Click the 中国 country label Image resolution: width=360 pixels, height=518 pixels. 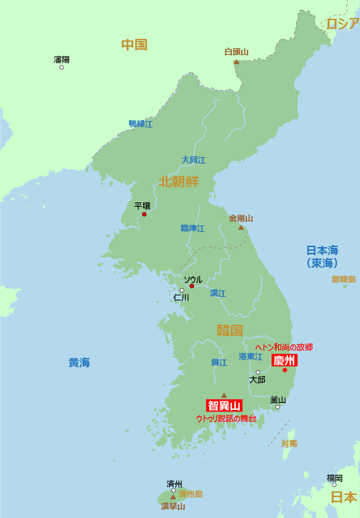134,45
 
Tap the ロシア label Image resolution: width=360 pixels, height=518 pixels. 342,24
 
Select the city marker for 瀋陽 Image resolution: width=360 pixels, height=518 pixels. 61,68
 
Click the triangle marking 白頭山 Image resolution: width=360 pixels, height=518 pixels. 236,62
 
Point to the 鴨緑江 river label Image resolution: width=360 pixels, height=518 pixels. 140,124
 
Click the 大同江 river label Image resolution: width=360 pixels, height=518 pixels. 193,160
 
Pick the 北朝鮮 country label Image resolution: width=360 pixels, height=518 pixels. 179,181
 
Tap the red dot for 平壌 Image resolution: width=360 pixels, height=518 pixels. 144,214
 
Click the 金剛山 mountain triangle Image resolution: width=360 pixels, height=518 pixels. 241,227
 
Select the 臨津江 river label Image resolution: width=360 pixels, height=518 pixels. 192,228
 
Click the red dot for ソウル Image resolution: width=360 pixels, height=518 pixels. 192,286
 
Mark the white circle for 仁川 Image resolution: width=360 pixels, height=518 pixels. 182,290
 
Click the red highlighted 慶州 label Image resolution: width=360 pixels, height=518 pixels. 284,360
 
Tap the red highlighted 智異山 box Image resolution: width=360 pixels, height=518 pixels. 224,406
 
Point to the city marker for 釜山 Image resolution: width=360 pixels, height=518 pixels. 277,407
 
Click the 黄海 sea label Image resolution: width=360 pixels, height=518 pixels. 79,362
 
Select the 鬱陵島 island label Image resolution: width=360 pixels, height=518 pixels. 343,279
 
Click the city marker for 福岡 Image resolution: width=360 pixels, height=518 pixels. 334,485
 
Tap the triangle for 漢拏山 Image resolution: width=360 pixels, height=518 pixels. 173,496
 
